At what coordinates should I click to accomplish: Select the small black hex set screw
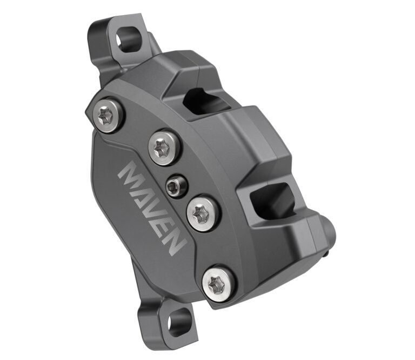pyautogui.click(x=176, y=186)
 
